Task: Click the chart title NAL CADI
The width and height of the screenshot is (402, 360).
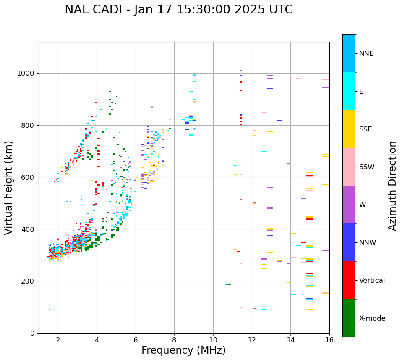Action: (x=179, y=10)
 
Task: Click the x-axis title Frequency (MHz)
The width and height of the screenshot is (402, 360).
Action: (x=183, y=350)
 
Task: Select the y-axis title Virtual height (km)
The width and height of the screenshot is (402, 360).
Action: (x=9, y=187)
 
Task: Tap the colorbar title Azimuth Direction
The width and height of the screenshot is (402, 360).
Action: (x=392, y=186)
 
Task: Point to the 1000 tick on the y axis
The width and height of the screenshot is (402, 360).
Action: (x=28, y=74)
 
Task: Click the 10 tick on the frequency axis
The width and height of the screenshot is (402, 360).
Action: (x=213, y=339)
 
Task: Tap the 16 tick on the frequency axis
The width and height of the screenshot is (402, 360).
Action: (x=329, y=339)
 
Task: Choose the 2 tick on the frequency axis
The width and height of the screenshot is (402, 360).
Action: (x=58, y=339)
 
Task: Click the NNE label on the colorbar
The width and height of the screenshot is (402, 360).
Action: (x=366, y=54)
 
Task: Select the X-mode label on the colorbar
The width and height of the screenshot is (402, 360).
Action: (x=372, y=318)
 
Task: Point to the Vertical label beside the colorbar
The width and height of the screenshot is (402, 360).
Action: (x=372, y=281)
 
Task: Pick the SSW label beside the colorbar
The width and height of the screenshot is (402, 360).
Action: (x=367, y=167)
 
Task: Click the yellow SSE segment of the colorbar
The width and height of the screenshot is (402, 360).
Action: (x=349, y=129)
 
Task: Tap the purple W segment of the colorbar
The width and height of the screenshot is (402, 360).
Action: (x=349, y=205)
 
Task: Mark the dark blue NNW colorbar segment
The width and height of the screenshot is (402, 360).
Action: (x=349, y=242)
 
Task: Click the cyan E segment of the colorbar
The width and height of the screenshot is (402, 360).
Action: (x=349, y=91)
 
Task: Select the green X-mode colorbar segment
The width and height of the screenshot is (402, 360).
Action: (x=349, y=318)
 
